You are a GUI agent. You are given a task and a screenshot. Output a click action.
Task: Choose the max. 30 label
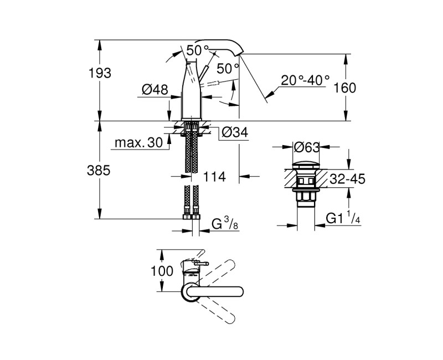[x=138, y=143]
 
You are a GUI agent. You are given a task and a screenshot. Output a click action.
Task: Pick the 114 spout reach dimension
[x=214, y=177]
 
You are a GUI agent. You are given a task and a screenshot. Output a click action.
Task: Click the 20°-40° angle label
[x=305, y=80]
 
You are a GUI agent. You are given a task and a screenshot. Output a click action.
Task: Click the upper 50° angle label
[x=198, y=50]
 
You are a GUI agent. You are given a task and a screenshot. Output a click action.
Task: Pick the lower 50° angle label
[x=227, y=69]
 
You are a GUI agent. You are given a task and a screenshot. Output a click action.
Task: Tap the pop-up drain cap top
[x=306, y=164]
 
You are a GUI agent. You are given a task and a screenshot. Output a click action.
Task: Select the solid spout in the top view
[x=216, y=291]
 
